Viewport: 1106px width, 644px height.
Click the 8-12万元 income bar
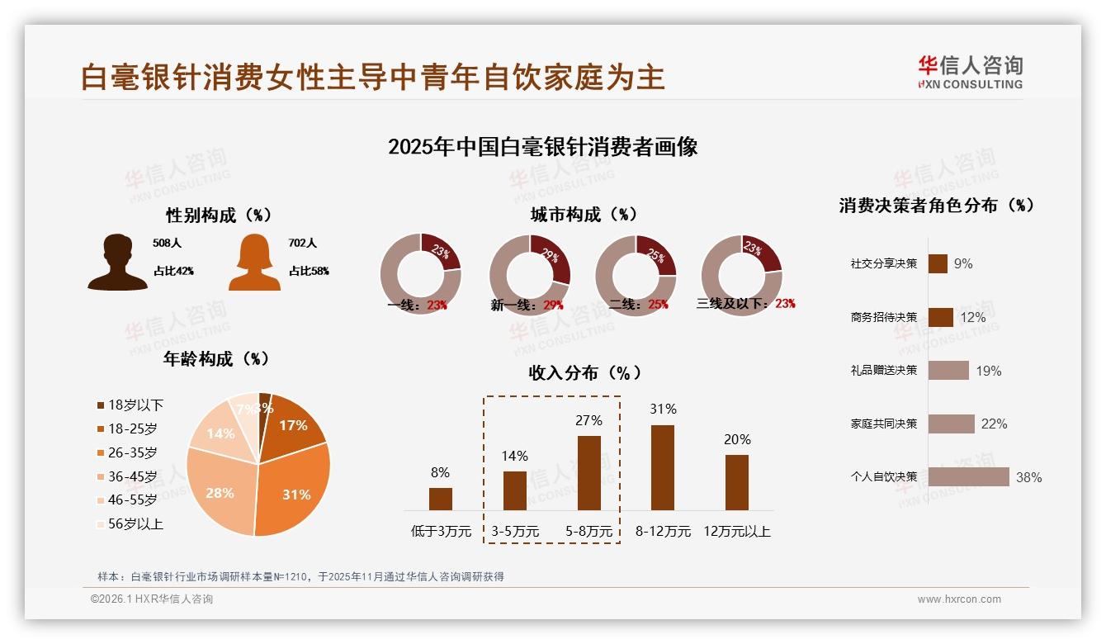click(x=663, y=467)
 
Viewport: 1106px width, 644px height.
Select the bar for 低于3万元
click(x=440, y=499)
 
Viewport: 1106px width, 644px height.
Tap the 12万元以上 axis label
click(x=736, y=532)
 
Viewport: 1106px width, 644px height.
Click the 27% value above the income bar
click(x=588, y=420)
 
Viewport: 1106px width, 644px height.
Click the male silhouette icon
click(x=118, y=262)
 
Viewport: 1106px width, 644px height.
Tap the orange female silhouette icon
click(x=254, y=262)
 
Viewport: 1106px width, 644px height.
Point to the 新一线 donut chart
click(x=529, y=275)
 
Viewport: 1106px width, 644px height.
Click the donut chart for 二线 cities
click(x=636, y=275)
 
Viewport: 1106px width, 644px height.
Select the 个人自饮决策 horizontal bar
click(x=968, y=476)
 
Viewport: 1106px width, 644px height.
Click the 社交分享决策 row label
click(x=883, y=264)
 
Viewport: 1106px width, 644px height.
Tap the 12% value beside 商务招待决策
click(x=973, y=317)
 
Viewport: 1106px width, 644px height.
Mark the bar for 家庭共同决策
click(x=951, y=424)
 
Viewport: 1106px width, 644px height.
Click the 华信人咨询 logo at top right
click(x=970, y=72)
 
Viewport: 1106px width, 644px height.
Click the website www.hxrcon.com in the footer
click(x=959, y=599)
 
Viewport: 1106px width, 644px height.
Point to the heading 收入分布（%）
click(x=584, y=372)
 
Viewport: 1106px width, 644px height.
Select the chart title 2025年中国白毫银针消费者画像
click(x=542, y=147)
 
